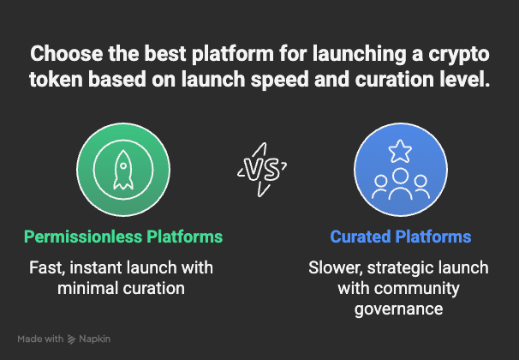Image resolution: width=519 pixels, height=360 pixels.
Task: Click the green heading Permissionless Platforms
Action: coord(123,237)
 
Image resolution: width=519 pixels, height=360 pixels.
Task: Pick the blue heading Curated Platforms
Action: coord(401,237)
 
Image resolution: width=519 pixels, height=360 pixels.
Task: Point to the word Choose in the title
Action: coord(63,55)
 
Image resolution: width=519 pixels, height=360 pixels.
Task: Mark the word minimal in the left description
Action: coord(87,288)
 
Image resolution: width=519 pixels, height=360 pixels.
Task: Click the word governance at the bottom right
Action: coord(398,309)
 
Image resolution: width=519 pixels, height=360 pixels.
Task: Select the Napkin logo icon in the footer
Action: coord(72,339)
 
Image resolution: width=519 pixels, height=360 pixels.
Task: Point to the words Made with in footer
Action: coord(40,339)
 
